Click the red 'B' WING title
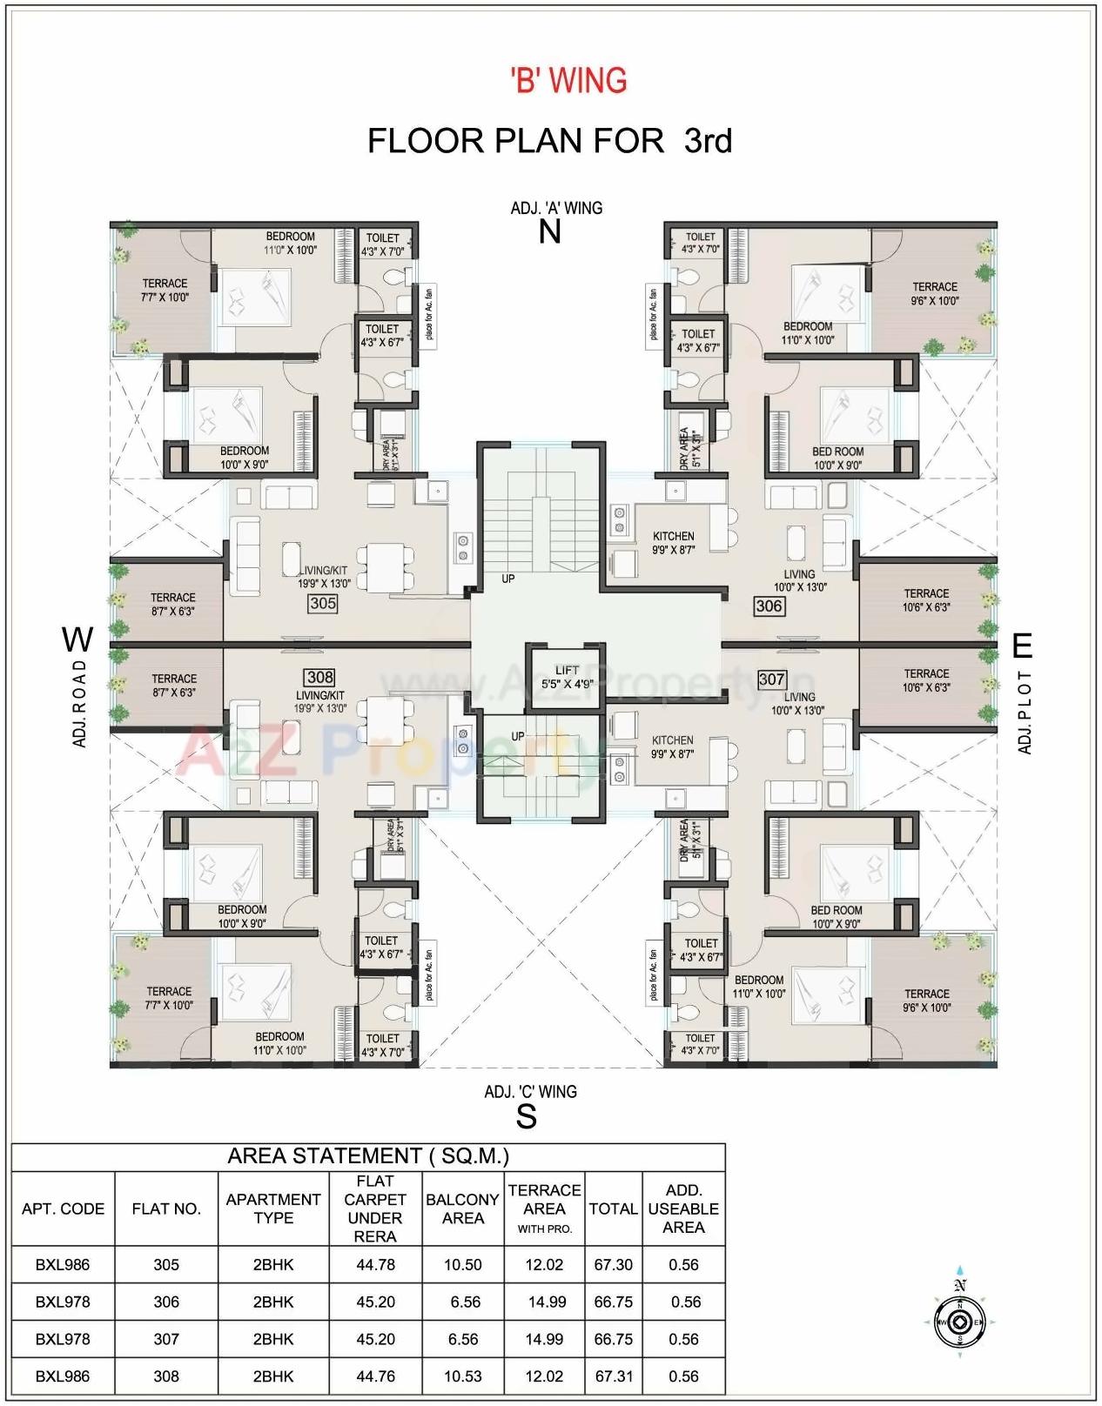[568, 80]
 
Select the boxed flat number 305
[323, 603]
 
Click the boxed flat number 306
[769, 606]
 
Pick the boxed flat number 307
[771, 679]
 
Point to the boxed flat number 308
[320, 677]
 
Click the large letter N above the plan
[550, 232]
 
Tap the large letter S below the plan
[526, 1116]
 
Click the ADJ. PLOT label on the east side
[1025, 712]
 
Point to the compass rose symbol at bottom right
[959, 1322]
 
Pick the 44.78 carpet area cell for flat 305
[375, 1264]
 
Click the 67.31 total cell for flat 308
[613, 1376]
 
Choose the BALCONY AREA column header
[463, 1208]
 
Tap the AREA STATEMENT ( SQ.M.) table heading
[368, 1155]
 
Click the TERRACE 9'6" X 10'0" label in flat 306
[934, 293]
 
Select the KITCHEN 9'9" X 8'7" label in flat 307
[673, 747]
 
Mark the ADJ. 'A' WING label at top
[556, 208]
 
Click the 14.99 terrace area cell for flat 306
[546, 1302]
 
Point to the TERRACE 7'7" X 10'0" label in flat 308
[169, 998]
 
